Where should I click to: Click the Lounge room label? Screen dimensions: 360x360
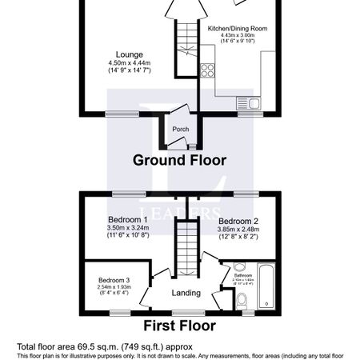click(129, 53)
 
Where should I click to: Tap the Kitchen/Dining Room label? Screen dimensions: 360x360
click(237, 28)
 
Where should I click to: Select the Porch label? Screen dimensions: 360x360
click(180, 128)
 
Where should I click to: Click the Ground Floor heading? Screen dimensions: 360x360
click(179, 160)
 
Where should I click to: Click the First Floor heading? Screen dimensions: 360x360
click(179, 326)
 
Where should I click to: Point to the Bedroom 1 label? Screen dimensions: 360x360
click(128, 218)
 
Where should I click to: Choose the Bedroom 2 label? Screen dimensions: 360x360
click(238, 221)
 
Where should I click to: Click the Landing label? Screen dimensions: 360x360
click(186, 293)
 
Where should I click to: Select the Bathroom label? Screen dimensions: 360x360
click(243, 274)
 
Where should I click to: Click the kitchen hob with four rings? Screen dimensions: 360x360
click(208, 70)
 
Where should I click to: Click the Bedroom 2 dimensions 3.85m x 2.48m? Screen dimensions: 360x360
click(238, 230)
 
